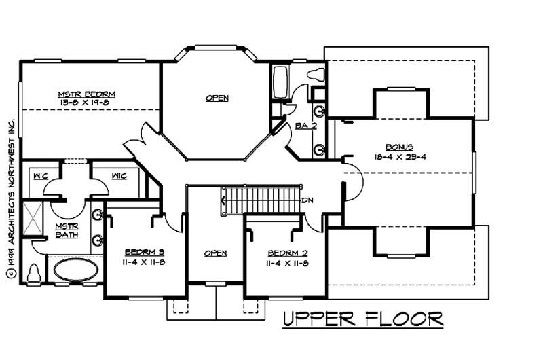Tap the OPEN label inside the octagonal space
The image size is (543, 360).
(x=217, y=98)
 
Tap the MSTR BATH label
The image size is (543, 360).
(x=67, y=231)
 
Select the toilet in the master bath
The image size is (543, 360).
(x=33, y=272)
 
